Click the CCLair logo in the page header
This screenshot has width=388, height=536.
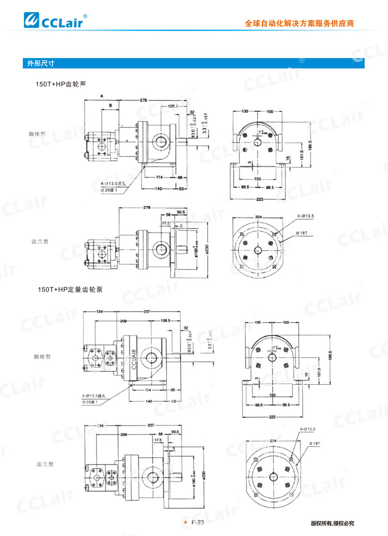pyautogui.click(x=55, y=21)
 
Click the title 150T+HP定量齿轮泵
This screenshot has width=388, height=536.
pyautogui.click(x=70, y=289)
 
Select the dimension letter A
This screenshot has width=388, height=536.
pyautogui.click(x=102, y=96)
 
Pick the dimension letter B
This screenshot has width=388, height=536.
pyautogui.click(x=110, y=106)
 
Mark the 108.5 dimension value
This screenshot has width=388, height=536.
pyautogui.click(x=166, y=321)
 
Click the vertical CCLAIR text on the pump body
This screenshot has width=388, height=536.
pyautogui.click(x=133, y=358)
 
